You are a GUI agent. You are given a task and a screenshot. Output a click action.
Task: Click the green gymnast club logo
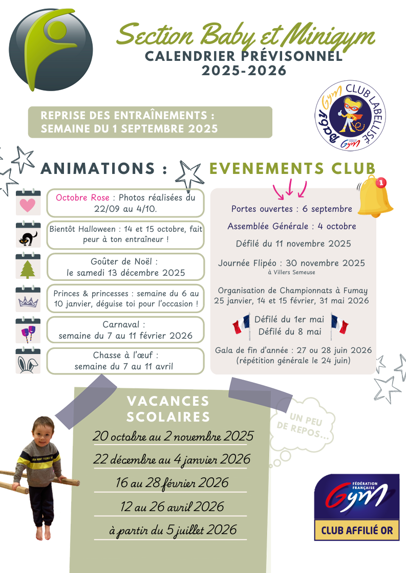click(x=51, y=49)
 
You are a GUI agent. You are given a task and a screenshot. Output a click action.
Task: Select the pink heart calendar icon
click(x=28, y=203)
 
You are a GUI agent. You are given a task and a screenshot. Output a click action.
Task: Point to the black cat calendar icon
click(x=28, y=235)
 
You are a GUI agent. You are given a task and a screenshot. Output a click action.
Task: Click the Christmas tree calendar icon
click(x=28, y=267)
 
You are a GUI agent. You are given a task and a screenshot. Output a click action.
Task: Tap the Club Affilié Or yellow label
click(x=357, y=531)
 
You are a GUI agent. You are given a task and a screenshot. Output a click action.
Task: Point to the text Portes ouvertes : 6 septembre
click(x=291, y=209)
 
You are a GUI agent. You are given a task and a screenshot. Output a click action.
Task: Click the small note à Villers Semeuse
click(x=291, y=272)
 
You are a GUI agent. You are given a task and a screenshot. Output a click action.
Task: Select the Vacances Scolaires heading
click(x=168, y=408)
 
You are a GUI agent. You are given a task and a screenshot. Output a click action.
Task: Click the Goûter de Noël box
click(x=125, y=267)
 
